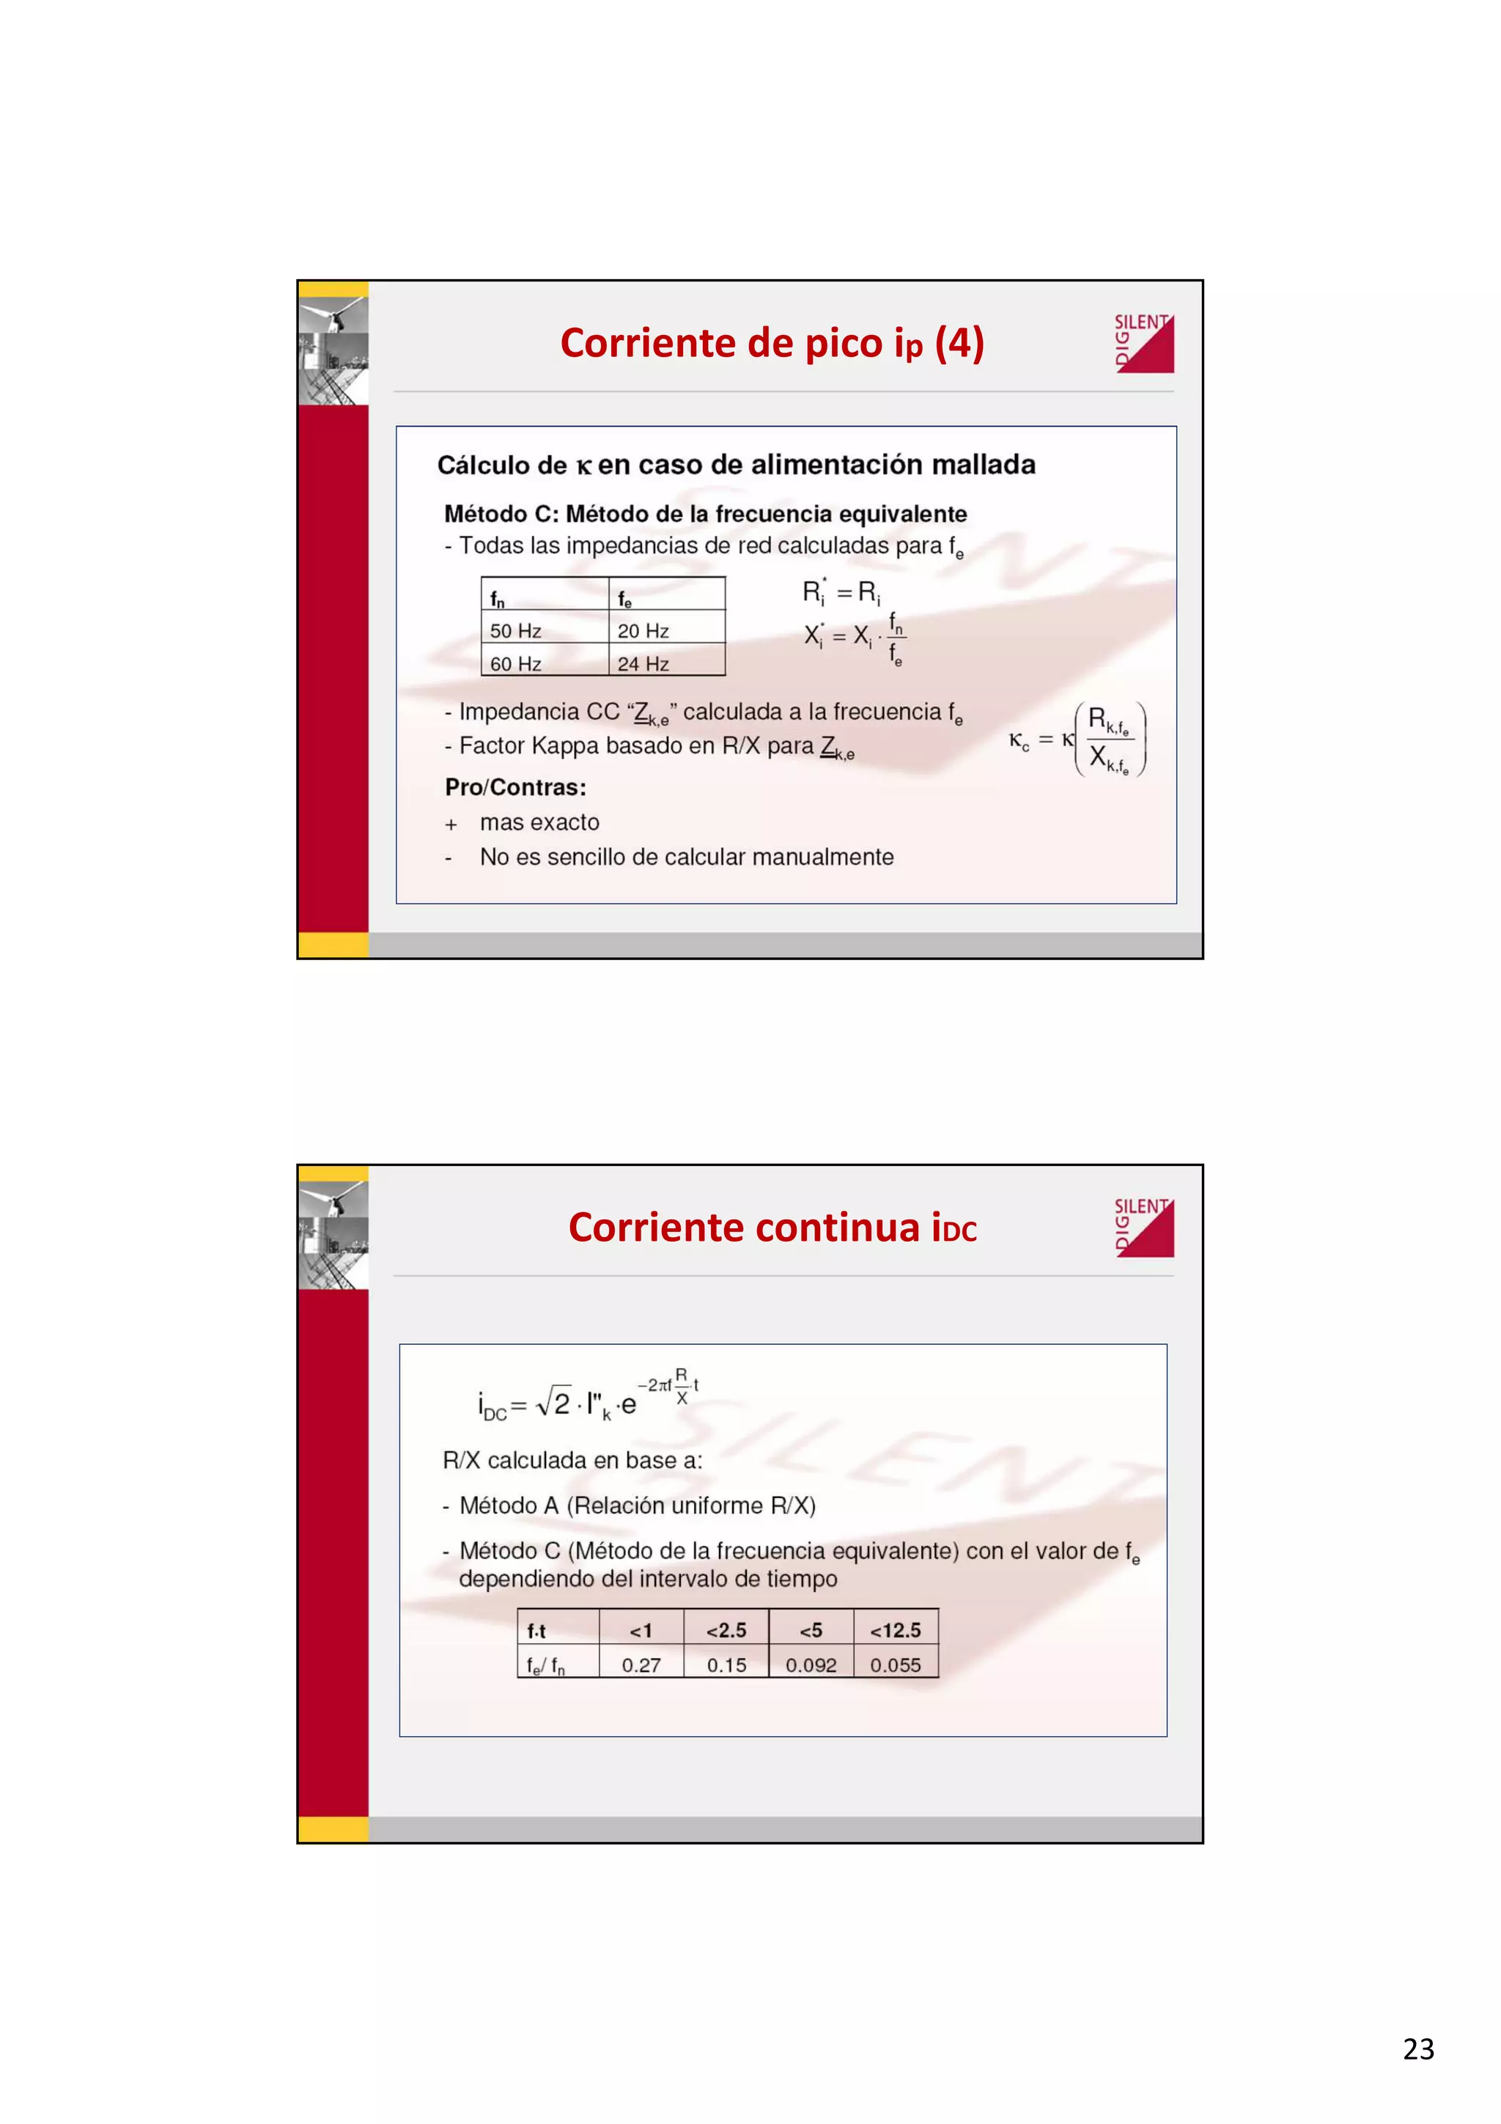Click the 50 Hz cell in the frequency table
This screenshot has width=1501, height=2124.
click(x=515, y=631)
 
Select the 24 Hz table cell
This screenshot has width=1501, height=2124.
click(x=643, y=664)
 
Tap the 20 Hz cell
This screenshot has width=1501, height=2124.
click(x=643, y=631)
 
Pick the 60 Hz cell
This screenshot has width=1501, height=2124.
click(x=515, y=664)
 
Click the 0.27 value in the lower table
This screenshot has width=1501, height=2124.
click(x=641, y=1665)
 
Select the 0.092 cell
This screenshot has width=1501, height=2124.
click(x=811, y=1665)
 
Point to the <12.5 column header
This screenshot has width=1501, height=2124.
click(x=895, y=1631)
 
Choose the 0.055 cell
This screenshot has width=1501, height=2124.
click(x=895, y=1665)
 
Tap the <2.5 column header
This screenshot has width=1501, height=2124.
click(x=726, y=1631)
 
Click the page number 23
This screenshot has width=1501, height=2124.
click(x=1417, y=2049)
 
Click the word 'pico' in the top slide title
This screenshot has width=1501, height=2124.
click(x=844, y=343)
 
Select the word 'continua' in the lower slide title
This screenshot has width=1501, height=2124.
click(x=838, y=1228)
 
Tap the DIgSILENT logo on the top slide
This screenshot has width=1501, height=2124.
click(x=1144, y=343)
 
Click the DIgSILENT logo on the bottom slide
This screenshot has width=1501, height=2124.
click(x=1144, y=1228)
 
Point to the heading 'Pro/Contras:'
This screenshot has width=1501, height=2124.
click(x=515, y=787)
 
